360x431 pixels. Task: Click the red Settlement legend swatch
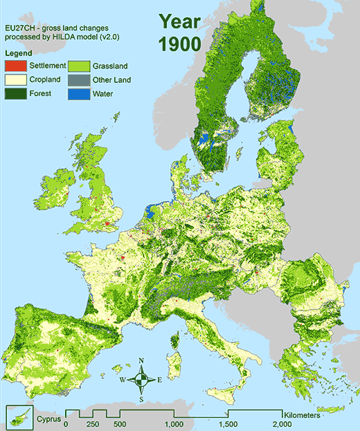[x=16, y=66]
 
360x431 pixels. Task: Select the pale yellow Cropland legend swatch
[x=16, y=80]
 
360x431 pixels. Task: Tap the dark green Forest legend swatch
[x=16, y=93]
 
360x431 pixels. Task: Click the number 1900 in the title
[x=179, y=44]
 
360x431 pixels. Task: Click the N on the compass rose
[x=141, y=360]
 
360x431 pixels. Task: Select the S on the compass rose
[x=141, y=399]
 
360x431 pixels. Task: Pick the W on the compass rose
[x=123, y=380]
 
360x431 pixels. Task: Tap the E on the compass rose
[x=159, y=380]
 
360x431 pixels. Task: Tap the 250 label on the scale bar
[x=93, y=424]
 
